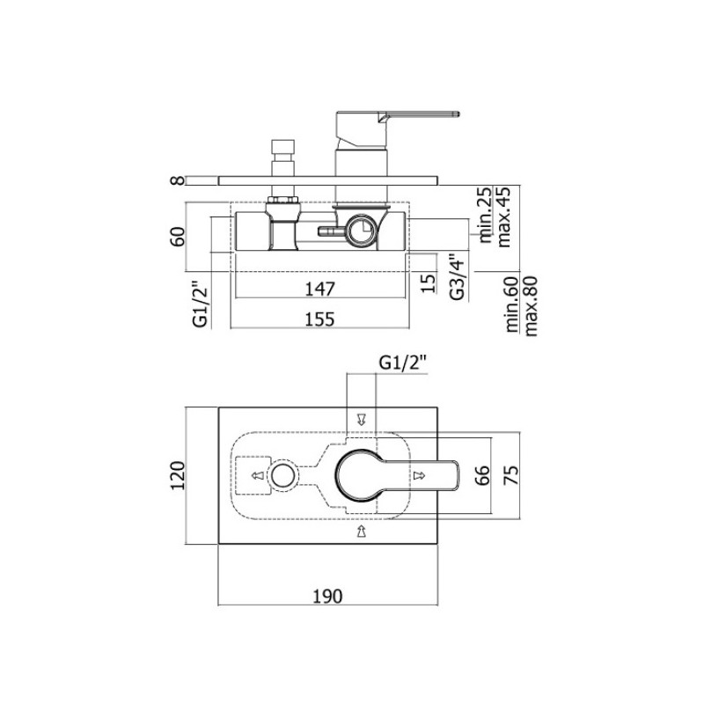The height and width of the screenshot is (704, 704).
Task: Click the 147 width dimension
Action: pyautogui.click(x=320, y=289)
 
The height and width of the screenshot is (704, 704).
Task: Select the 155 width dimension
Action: pyautogui.click(x=320, y=319)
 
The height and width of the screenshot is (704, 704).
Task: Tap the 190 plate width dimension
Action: pyautogui.click(x=327, y=597)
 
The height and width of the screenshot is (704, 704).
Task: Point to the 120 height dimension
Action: pyautogui.click(x=179, y=475)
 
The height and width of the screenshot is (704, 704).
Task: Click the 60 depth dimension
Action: pyautogui.click(x=179, y=237)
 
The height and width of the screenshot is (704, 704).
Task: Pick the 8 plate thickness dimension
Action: pyautogui.click(x=179, y=180)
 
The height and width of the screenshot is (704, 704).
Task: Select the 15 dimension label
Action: pyautogui.click(x=429, y=282)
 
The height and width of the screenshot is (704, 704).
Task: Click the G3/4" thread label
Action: pyautogui.click(x=458, y=277)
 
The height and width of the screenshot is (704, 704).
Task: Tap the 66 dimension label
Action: pyautogui.click(x=482, y=475)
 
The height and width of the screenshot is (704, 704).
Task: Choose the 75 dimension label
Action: pyautogui.click(x=511, y=475)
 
